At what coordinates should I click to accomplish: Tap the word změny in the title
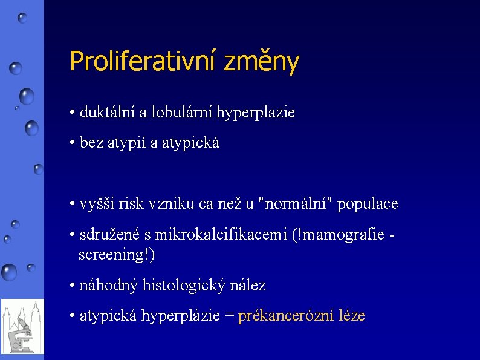pos(261,62)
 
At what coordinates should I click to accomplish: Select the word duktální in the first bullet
pos(103,113)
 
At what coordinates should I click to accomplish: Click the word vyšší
pos(97,204)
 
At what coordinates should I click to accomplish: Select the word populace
pos(368,204)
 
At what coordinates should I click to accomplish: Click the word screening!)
pos(117,255)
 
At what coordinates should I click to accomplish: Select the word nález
pos(248,285)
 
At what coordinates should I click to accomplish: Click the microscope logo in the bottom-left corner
pos(22,327)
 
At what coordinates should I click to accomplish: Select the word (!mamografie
pos(338,235)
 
